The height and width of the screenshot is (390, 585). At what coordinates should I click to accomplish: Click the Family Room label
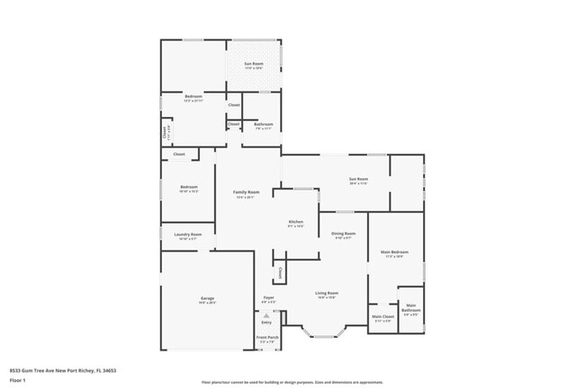pyautogui.click(x=246, y=192)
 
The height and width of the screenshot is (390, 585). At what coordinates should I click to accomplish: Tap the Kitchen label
pyautogui.click(x=295, y=222)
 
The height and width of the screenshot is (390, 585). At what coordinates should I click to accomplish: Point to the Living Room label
pyautogui.click(x=326, y=293)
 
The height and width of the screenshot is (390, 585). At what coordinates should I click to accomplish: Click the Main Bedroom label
pyautogui.click(x=394, y=253)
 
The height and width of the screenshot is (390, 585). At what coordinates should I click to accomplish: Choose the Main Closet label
pyautogui.click(x=382, y=317)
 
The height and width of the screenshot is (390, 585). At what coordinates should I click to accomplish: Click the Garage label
pyautogui.click(x=207, y=298)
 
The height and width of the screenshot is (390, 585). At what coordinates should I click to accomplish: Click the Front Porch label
pyautogui.click(x=268, y=338)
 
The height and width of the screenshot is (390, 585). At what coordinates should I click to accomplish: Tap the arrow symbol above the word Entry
pyautogui.click(x=266, y=315)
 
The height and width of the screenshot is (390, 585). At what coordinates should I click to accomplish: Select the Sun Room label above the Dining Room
pyautogui.click(x=358, y=180)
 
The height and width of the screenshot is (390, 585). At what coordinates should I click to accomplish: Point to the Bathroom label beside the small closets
pyautogui.click(x=262, y=126)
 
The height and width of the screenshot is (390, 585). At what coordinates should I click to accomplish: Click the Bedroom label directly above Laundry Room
pyautogui.click(x=188, y=187)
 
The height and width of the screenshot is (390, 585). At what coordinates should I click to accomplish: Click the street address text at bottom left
pyautogui.click(x=63, y=369)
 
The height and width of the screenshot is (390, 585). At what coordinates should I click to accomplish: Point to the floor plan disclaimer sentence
pyautogui.click(x=292, y=383)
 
